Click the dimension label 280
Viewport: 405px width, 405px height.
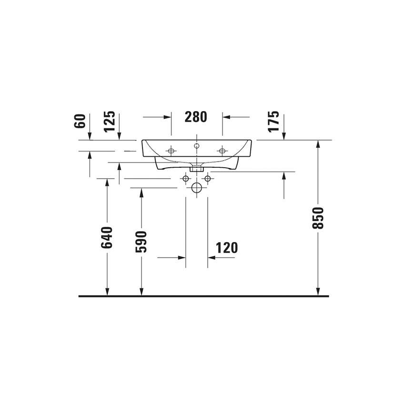196,117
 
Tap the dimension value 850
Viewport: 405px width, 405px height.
318,218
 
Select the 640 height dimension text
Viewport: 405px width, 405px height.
107,237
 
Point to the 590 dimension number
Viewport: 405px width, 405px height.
141,242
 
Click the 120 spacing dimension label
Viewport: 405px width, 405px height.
226,248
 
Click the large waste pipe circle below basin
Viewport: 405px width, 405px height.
196,187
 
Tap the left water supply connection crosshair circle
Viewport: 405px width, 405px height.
185,179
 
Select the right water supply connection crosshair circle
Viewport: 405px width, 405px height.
207,179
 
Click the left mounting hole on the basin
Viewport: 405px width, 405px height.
171,151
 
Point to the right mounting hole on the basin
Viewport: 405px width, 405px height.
222,151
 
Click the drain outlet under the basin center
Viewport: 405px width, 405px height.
196,168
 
